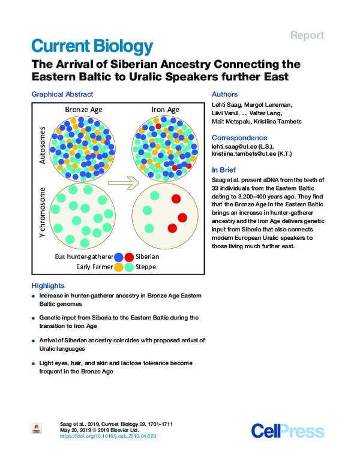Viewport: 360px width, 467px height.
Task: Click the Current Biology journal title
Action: coord(92,46)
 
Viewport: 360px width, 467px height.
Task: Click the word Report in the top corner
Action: coord(307,35)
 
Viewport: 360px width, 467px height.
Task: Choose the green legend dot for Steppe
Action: coord(130,267)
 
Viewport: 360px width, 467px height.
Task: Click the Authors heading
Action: coord(225,94)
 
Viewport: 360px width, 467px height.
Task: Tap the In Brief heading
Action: coord(224,170)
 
